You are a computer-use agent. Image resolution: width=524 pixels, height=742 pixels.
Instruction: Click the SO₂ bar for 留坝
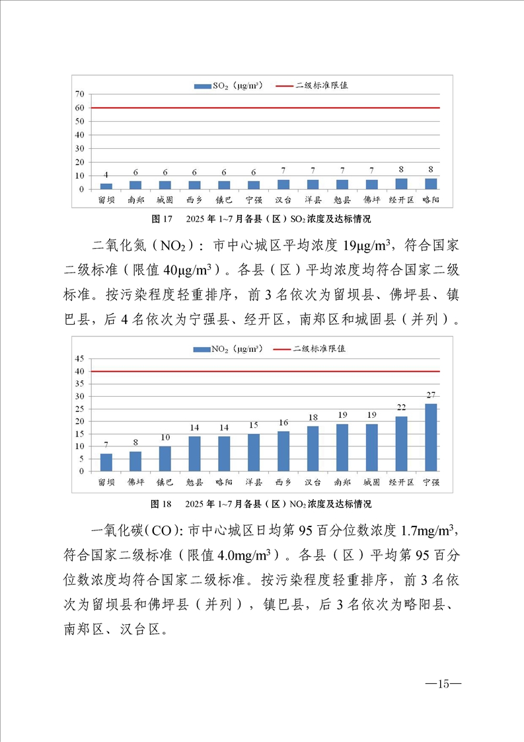(106, 186)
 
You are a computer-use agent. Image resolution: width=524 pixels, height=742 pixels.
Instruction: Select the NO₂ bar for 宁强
(430, 437)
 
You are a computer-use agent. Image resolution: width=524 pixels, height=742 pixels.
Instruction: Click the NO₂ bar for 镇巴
(165, 459)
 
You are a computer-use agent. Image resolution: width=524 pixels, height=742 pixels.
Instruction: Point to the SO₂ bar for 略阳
(430, 184)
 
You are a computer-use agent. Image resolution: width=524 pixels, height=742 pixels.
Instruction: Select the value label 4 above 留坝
(106, 175)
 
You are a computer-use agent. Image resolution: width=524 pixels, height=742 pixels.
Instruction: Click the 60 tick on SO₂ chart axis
(79, 108)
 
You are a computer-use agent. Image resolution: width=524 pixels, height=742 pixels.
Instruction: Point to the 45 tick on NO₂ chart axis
(79, 359)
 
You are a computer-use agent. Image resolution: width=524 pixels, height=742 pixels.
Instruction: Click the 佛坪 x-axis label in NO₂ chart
(135, 482)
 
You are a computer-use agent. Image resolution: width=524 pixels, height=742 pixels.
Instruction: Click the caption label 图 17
(162, 219)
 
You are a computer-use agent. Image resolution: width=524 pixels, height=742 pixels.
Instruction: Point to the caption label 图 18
(162, 504)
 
